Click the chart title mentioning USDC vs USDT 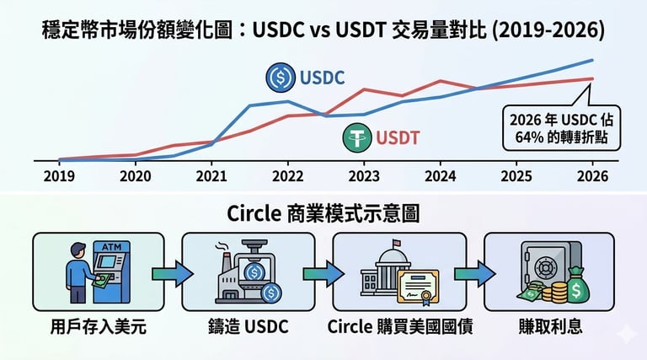click(323, 31)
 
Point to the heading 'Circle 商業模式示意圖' click(323, 214)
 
